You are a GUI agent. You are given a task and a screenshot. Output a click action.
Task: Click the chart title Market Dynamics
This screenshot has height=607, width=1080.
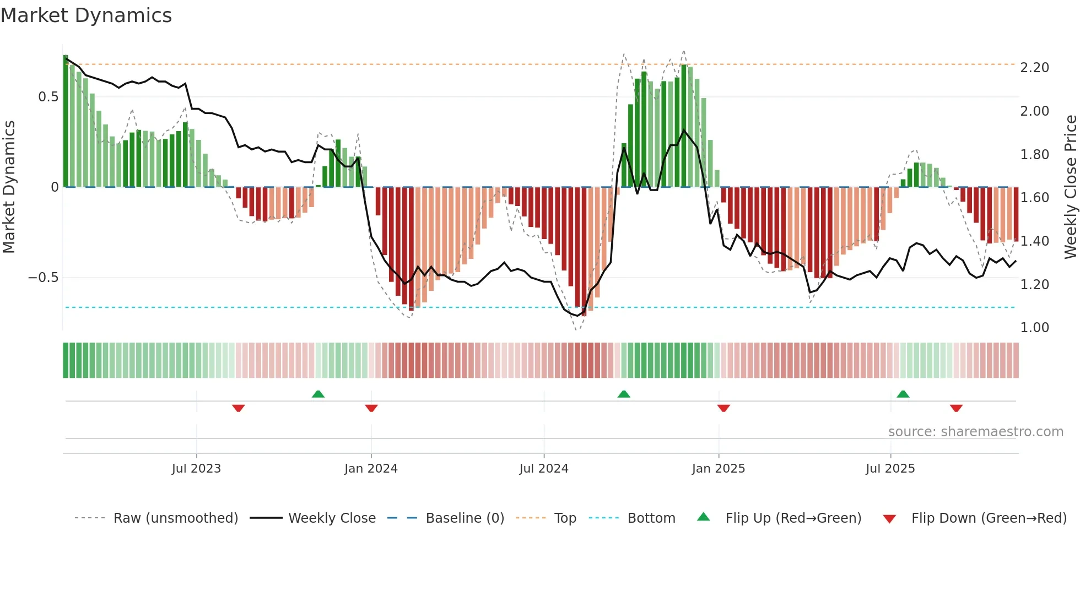tap(86, 15)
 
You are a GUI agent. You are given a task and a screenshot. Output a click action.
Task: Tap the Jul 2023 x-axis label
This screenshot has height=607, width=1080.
tap(196, 469)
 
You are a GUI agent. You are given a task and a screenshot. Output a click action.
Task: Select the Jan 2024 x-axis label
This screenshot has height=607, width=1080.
tap(371, 469)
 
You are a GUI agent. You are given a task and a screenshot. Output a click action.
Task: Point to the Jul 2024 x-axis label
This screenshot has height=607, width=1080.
tap(543, 469)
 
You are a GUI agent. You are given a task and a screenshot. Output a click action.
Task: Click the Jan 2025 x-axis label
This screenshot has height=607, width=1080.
tap(718, 469)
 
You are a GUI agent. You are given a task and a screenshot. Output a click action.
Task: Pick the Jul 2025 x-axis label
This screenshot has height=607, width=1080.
tap(890, 469)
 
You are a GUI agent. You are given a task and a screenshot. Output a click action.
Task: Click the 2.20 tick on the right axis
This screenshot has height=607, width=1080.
tap(1034, 68)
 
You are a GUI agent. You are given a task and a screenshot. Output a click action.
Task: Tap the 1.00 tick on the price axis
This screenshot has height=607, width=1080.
tap(1034, 328)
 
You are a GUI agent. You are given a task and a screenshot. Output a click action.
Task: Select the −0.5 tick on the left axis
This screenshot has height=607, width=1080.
tap(43, 278)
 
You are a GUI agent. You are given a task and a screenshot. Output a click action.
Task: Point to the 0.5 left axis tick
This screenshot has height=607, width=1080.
tap(48, 97)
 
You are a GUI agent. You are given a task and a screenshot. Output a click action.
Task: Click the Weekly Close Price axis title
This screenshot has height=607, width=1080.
tap(1070, 187)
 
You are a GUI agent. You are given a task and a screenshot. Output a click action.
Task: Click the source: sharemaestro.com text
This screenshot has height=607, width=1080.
tap(975, 432)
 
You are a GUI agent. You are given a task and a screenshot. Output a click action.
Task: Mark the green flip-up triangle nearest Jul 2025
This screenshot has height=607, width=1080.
tap(903, 394)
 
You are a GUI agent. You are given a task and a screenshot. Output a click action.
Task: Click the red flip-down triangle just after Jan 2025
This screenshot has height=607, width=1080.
tap(723, 408)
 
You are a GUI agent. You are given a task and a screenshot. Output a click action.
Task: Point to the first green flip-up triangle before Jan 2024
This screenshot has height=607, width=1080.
tap(318, 394)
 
